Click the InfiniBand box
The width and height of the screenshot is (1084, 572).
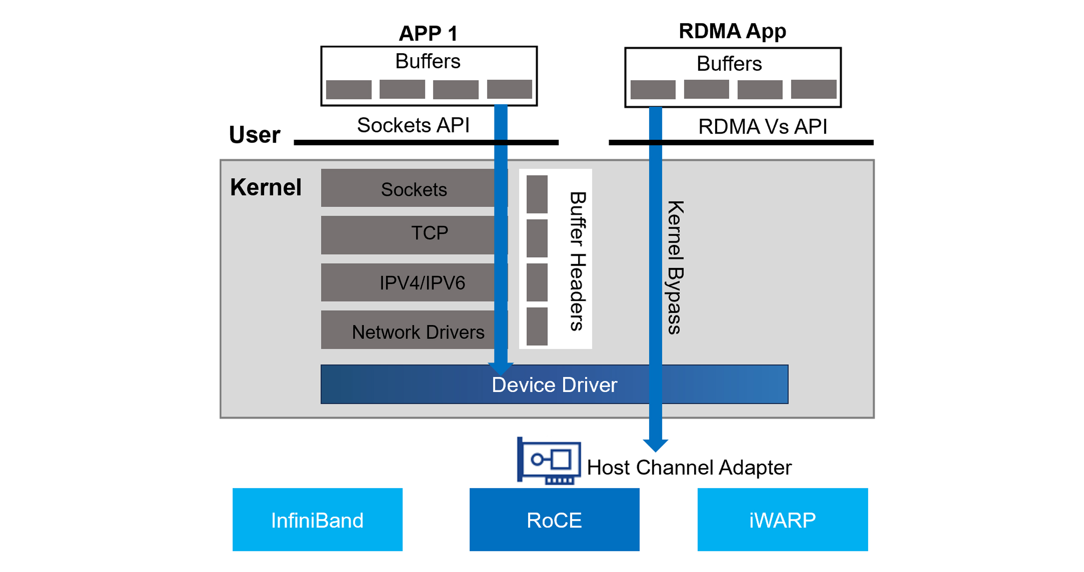click(x=317, y=519)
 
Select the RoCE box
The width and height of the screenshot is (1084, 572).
click(x=554, y=519)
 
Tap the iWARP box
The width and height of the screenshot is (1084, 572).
click(x=782, y=519)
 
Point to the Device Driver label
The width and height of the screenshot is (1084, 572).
click(x=554, y=384)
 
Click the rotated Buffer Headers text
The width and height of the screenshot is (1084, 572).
click(x=578, y=261)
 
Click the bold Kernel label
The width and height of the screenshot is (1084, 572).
click(x=265, y=187)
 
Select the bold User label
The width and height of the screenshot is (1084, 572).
click(x=255, y=135)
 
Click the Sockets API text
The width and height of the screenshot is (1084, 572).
click(x=413, y=125)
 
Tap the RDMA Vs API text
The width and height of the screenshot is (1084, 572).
click(x=762, y=126)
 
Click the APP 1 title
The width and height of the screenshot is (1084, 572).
click(x=428, y=33)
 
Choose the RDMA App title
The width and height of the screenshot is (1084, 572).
click(x=732, y=31)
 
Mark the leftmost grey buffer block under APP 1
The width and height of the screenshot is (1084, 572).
click(x=349, y=89)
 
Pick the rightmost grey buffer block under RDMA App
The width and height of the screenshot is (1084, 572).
click(x=813, y=89)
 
